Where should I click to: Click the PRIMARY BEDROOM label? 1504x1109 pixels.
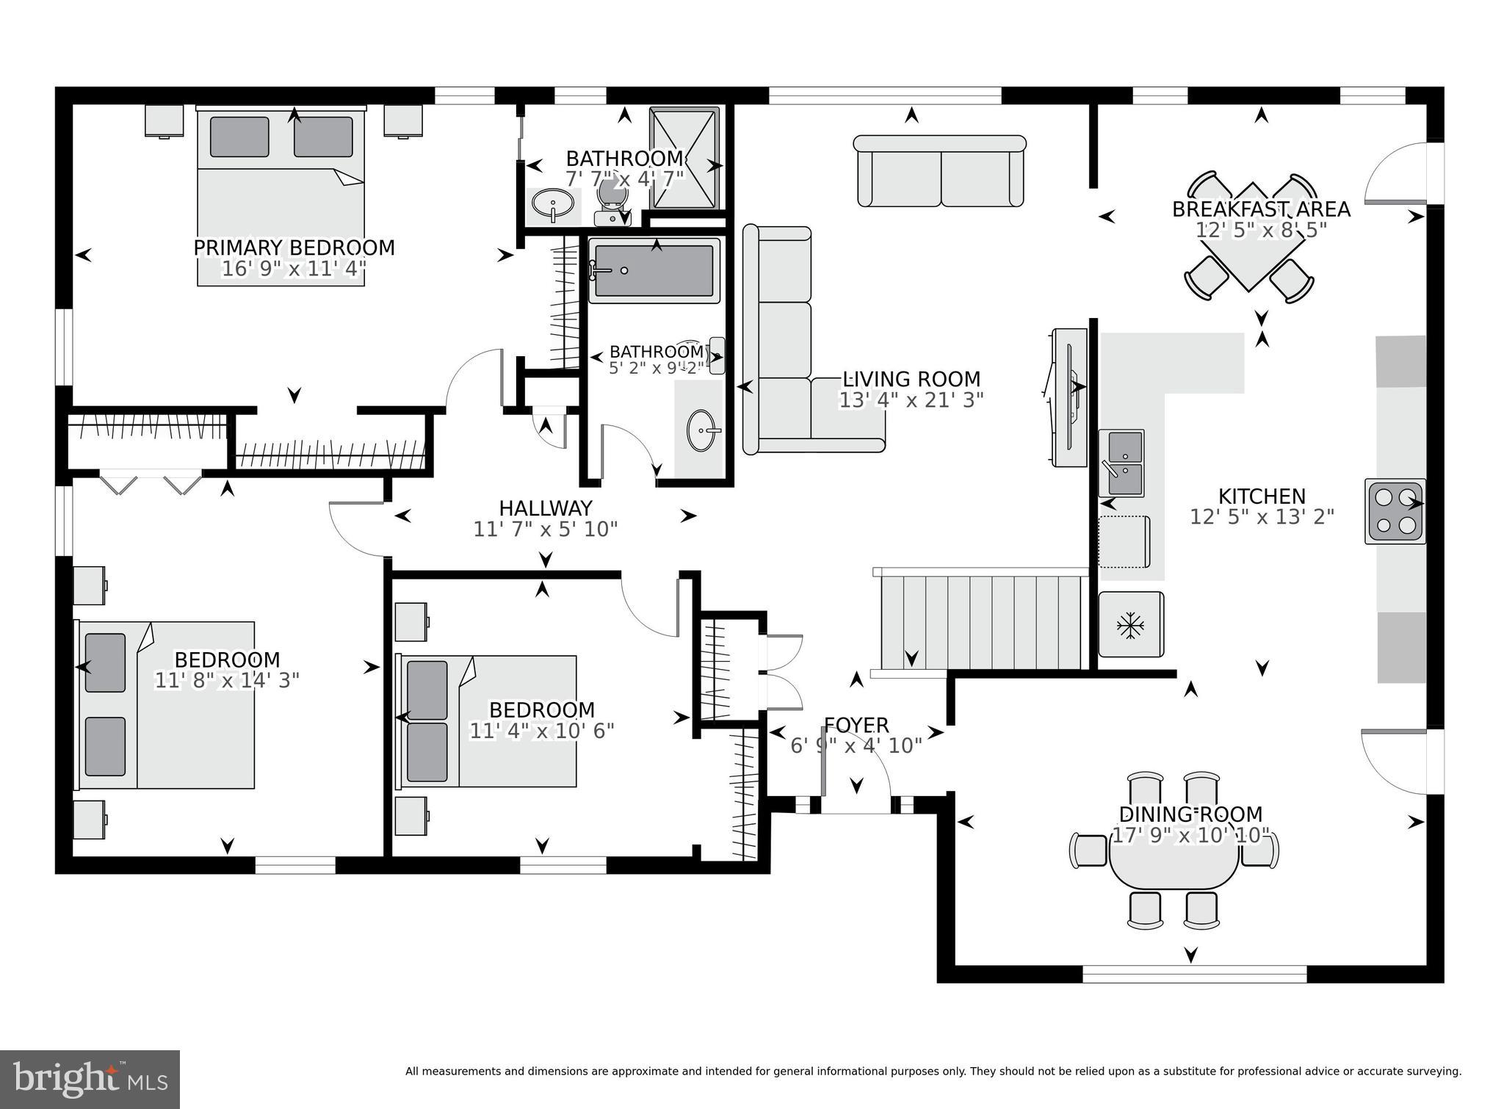click(x=294, y=248)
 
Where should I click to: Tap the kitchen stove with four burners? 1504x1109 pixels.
click(x=1395, y=511)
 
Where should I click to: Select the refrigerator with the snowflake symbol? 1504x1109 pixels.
click(x=1131, y=624)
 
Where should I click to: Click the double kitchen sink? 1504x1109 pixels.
click(x=1121, y=463)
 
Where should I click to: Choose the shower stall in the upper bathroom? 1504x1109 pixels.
click(x=684, y=158)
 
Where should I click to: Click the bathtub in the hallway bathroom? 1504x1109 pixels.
click(x=654, y=270)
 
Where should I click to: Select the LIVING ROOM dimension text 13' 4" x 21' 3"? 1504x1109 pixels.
click(x=911, y=400)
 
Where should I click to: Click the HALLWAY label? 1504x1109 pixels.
click(x=546, y=508)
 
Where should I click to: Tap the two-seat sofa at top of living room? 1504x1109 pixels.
click(x=940, y=170)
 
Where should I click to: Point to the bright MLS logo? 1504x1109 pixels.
click(x=90, y=1079)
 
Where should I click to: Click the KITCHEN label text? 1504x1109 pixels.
click(x=1262, y=496)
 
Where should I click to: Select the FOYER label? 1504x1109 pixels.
click(x=856, y=726)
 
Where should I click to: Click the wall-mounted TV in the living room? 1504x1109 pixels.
click(x=1069, y=397)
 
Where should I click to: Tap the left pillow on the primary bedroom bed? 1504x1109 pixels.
click(x=239, y=137)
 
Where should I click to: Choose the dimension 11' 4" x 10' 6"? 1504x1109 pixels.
click(x=542, y=731)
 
